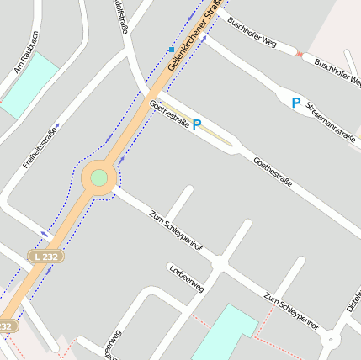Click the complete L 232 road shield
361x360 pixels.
tap(45, 255)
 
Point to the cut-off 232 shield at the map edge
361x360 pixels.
tap(6, 325)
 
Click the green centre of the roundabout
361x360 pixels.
tap(99, 177)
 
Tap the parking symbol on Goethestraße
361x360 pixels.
tap(197, 124)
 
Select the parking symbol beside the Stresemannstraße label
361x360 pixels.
tap(295, 103)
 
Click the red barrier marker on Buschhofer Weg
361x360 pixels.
tap(300, 54)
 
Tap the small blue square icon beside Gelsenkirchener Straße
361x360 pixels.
tap(172, 49)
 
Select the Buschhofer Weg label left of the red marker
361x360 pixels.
tap(252, 36)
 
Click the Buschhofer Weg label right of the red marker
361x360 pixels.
tap(337, 72)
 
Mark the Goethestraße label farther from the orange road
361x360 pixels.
tap(273, 171)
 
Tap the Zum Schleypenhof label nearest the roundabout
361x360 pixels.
tap(175, 230)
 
